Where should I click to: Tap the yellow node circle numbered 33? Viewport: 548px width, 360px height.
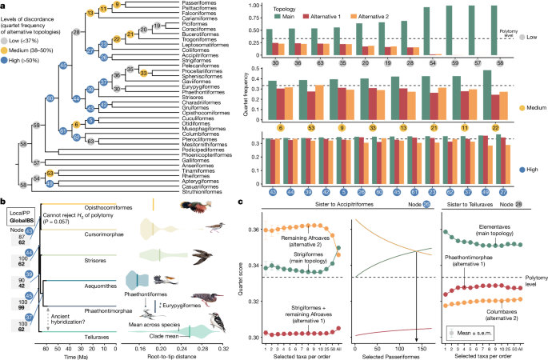tap(143, 72)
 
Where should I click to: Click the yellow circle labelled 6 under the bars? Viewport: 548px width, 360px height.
tap(280, 126)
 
